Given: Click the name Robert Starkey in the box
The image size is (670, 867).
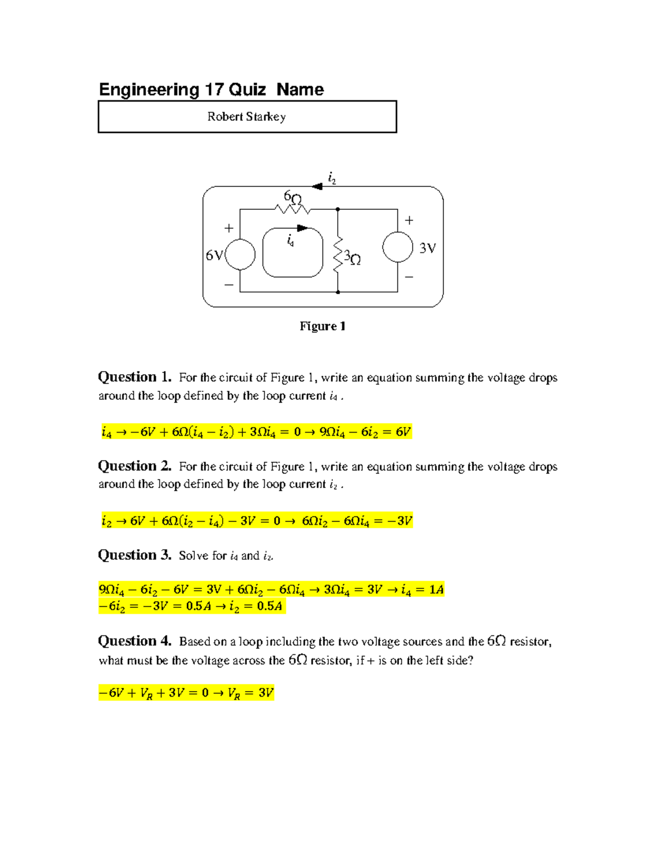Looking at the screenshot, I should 246,117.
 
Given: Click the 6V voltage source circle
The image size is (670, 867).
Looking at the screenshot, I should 240,255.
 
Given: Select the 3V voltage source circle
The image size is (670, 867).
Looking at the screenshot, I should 398,247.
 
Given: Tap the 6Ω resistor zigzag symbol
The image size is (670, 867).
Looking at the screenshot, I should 292,209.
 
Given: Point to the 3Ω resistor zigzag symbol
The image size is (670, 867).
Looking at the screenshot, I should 338,255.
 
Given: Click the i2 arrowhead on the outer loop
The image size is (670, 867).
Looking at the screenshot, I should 317,186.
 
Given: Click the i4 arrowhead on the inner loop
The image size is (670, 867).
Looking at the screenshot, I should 303,228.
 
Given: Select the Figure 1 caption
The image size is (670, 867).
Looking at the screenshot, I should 323,326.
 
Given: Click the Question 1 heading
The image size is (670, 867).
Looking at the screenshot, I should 135,377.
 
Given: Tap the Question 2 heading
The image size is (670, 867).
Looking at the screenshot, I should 135,466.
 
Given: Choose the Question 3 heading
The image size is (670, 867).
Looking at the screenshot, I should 135,555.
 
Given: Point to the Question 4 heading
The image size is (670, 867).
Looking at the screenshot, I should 135,641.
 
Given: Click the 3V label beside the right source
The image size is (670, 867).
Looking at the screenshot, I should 428,248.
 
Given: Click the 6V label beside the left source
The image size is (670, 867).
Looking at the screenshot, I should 214,255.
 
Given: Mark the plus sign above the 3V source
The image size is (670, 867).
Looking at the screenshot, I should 409,221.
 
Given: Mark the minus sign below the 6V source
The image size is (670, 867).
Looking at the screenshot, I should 229,285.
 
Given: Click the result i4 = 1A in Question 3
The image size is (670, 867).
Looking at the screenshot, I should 423,590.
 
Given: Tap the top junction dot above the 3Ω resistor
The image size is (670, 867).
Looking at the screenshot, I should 338,209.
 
